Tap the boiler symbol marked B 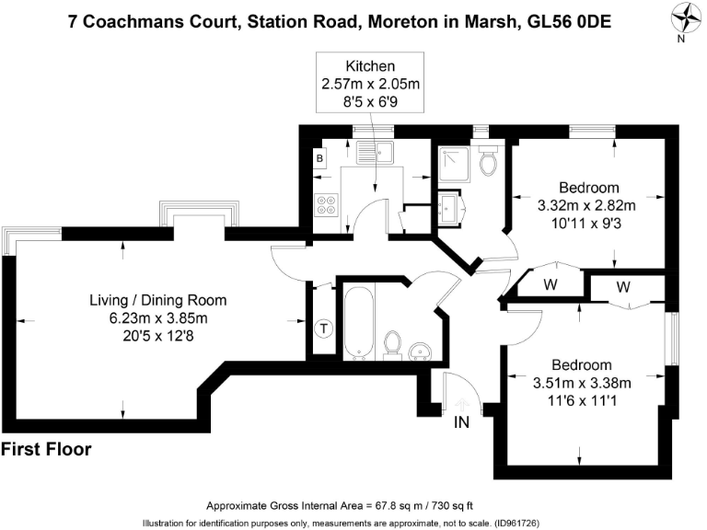click(319, 159)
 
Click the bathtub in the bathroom click(357, 323)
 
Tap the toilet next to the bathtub click(392, 344)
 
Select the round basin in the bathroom click(421, 350)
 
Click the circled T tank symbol click(323, 328)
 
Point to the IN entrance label click(462, 422)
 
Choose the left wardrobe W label click(551, 284)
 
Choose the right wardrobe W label click(623, 288)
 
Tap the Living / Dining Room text click(157, 300)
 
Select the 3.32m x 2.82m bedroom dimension click(586, 205)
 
